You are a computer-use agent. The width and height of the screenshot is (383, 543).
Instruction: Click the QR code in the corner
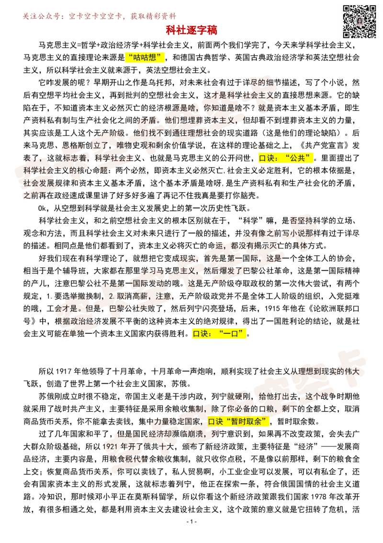coord(359,22)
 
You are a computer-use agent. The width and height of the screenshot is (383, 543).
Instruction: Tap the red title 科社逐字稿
coord(191,30)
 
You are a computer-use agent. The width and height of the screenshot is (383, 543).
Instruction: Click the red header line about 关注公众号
coord(100,16)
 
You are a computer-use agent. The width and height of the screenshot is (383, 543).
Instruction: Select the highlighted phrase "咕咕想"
coord(145,58)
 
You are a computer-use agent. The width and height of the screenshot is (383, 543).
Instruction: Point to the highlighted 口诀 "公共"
coord(286,158)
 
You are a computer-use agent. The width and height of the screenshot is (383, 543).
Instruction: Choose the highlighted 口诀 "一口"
coord(219,334)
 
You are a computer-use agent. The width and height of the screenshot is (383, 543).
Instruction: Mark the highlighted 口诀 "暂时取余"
coord(238,422)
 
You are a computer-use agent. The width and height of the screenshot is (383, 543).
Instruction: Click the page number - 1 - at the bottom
coord(191,521)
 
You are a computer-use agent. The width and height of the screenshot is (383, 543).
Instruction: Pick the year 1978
coord(319,497)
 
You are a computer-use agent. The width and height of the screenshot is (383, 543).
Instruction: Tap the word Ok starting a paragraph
coord(42,209)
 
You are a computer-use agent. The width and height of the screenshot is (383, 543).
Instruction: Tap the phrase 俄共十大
coord(158,447)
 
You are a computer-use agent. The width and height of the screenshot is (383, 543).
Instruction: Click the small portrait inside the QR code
coord(360,22)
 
